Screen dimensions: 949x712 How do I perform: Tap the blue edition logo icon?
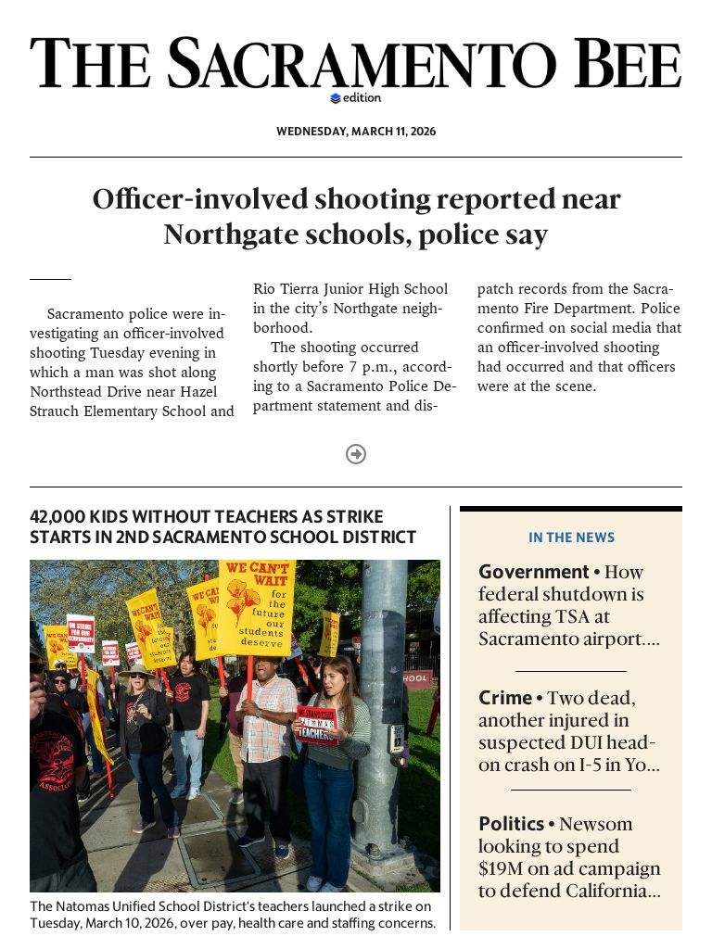coord(336,98)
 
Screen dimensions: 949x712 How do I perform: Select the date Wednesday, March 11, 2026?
coord(356,132)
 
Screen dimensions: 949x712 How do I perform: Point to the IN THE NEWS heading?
coord(571,538)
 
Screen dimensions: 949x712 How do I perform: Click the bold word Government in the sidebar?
coord(533,572)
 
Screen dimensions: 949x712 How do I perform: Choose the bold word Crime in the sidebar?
coord(505,698)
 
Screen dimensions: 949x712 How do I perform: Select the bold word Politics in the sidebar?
coord(511,824)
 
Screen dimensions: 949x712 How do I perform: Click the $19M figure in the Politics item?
coord(502,868)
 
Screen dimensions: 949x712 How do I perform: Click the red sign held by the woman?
coord(316,725)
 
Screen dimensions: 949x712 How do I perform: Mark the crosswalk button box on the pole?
coord(396,738)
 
